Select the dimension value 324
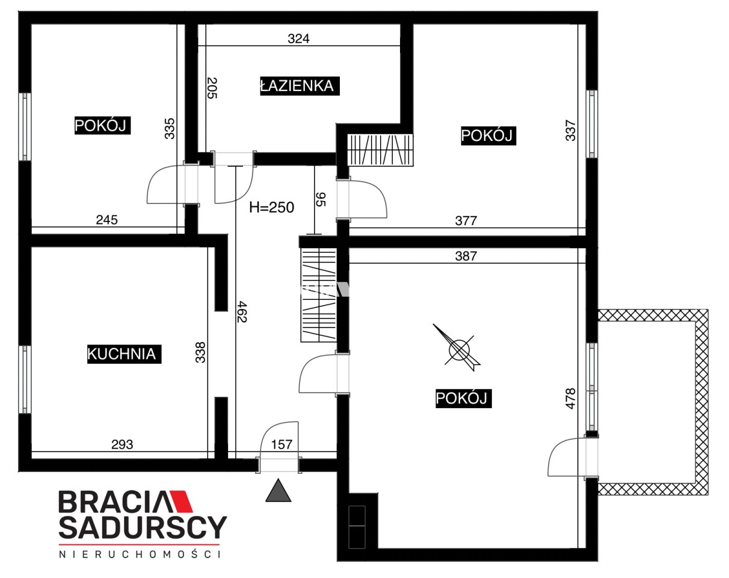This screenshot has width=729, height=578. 298,39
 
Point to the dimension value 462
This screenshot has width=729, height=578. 242,311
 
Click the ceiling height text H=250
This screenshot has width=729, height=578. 272,207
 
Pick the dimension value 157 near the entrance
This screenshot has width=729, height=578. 281,444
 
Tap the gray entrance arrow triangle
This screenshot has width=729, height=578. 278,491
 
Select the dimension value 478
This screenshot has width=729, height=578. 570,399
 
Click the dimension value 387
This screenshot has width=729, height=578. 466,256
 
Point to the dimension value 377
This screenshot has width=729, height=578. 466,221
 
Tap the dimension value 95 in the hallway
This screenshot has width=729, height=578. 320,199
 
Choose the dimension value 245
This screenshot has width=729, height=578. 106,220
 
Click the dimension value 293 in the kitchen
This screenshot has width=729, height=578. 122,444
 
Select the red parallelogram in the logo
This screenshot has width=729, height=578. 181,502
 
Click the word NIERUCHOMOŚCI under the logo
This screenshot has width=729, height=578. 140,555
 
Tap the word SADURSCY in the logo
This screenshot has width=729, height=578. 143,527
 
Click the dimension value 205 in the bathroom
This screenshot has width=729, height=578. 212,88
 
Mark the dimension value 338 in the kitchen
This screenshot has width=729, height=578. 200,353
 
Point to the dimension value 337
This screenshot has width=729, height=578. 570,130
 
